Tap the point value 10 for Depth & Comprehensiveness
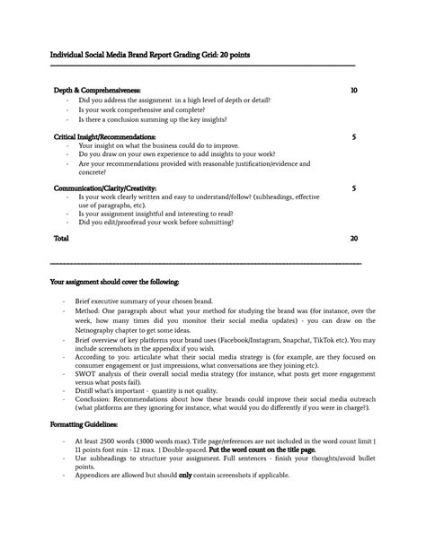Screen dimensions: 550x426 353,92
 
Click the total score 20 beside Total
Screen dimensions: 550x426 353,240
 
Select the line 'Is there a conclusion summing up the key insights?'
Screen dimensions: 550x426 154,119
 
